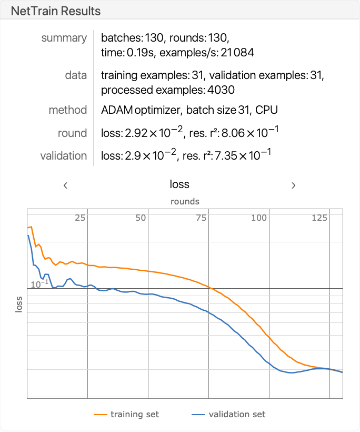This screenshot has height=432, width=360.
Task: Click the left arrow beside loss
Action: [x=65, y=185]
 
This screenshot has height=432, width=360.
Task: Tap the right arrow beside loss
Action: [x=294, y=185]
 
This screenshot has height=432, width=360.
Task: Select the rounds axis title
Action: [x=185, y=201]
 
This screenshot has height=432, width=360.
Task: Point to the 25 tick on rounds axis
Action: [x=80, y=218]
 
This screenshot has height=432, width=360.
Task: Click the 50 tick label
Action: [x=140, y=218]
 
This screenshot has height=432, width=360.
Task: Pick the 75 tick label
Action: [x=201, y=218]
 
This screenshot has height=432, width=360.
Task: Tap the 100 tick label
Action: [x=259, y=218]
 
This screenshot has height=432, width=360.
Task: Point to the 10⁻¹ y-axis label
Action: [x=39, y=284]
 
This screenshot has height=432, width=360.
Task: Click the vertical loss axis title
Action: [x=19, y=303]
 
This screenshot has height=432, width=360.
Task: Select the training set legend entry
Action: [x=134, y=414]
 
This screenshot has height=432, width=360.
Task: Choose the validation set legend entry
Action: [x=237, y=414]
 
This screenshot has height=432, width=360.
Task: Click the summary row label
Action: [x=64, y=38]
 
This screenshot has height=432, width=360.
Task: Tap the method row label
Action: [x=67, y=110]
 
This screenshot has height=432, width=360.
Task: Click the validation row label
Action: [x=63, y=156]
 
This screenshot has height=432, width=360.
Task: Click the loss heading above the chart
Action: [x=179, y=184]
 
